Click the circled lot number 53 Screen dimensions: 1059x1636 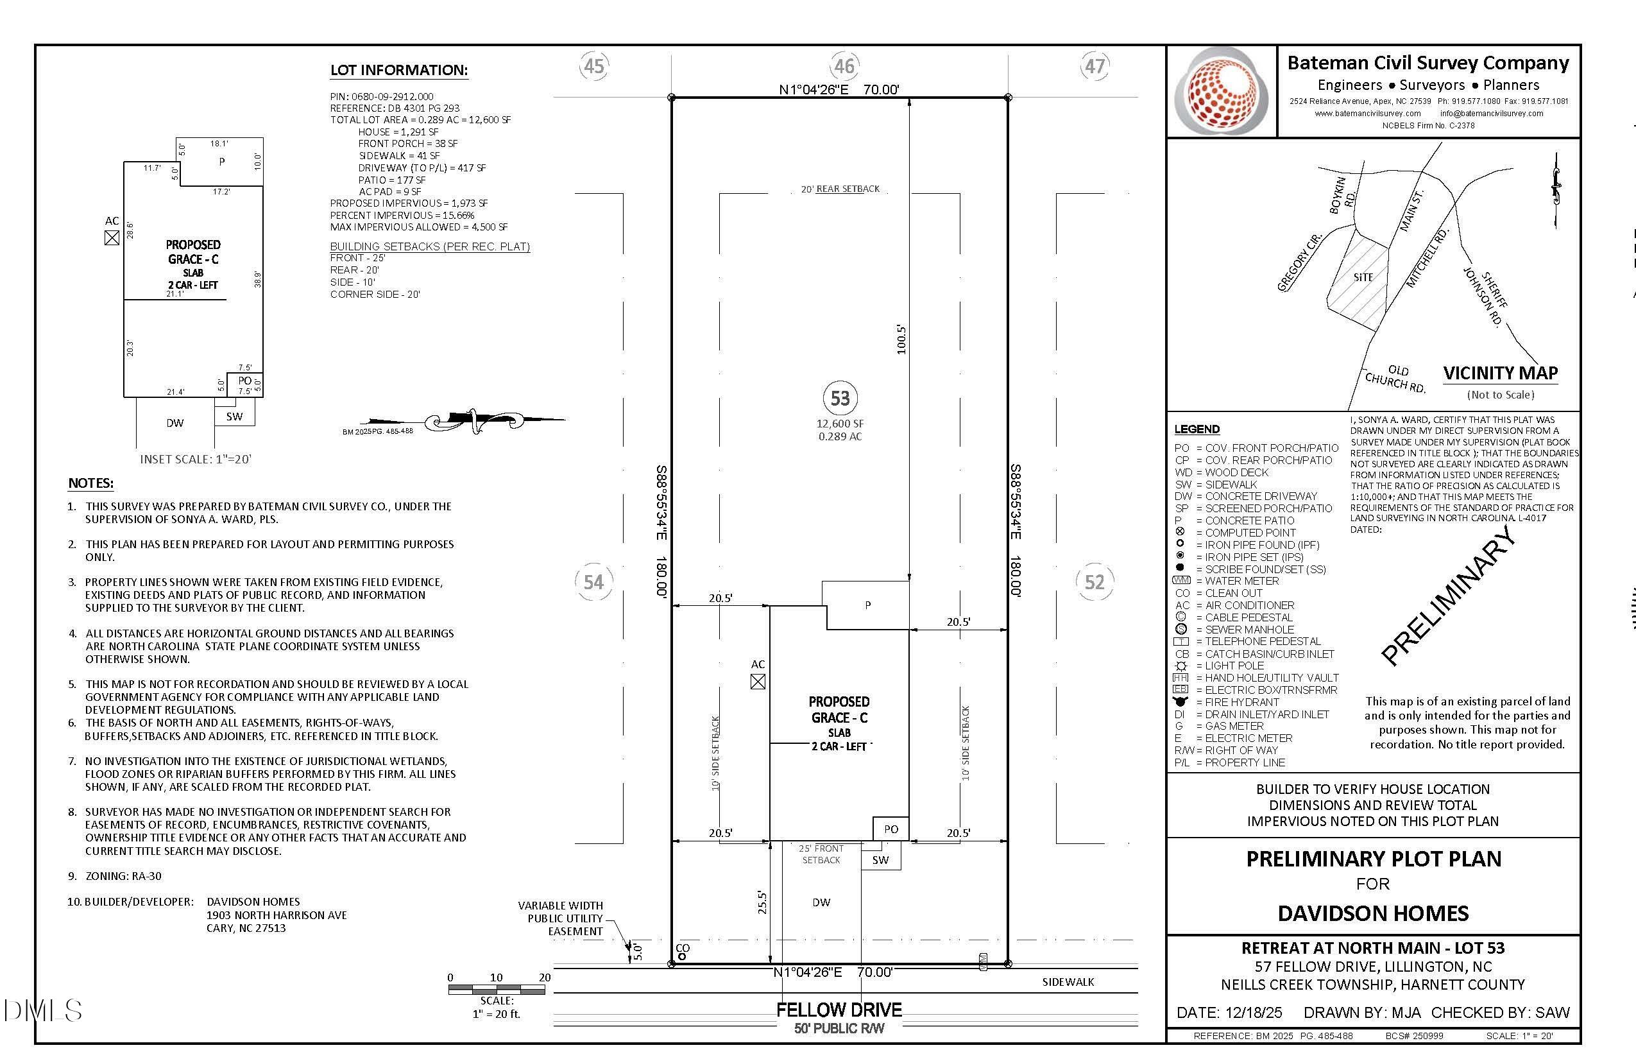pos(840,398)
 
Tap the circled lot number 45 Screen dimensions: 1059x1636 pos(593,66)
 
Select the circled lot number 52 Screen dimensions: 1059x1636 pos(1095,583)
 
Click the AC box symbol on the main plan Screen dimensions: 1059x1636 pos(758,682)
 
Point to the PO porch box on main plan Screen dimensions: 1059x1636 pos(891,829)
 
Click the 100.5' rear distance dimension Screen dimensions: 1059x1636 pos(901,340)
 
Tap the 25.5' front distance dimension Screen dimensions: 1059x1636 pos(762,902)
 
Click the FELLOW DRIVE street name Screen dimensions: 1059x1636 pos(839,1010)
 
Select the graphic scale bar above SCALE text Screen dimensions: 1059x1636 pos(497,990)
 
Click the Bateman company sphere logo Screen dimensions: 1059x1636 pos(1221,90)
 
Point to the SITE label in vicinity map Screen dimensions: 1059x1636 pos(1363,277)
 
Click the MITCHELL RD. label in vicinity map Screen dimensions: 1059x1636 pos(1426,258)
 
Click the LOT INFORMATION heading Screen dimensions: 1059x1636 pos(398,70)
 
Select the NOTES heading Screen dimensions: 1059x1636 pos(90,483)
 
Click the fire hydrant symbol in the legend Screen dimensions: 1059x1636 pos(1181,702)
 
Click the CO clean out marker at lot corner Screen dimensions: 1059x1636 pos(683,951)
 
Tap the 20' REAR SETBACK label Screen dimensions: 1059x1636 pos(840,189)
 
